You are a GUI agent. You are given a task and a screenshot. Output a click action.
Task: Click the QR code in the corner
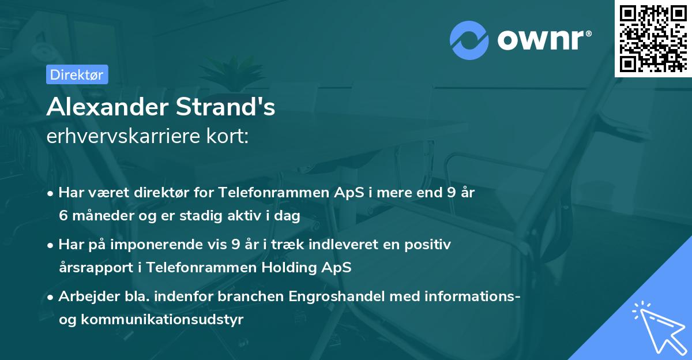tap(653, 38)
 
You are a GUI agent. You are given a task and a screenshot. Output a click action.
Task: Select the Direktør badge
tap(77, 74)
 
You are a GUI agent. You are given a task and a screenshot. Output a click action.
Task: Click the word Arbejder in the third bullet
tap(85, 297)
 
